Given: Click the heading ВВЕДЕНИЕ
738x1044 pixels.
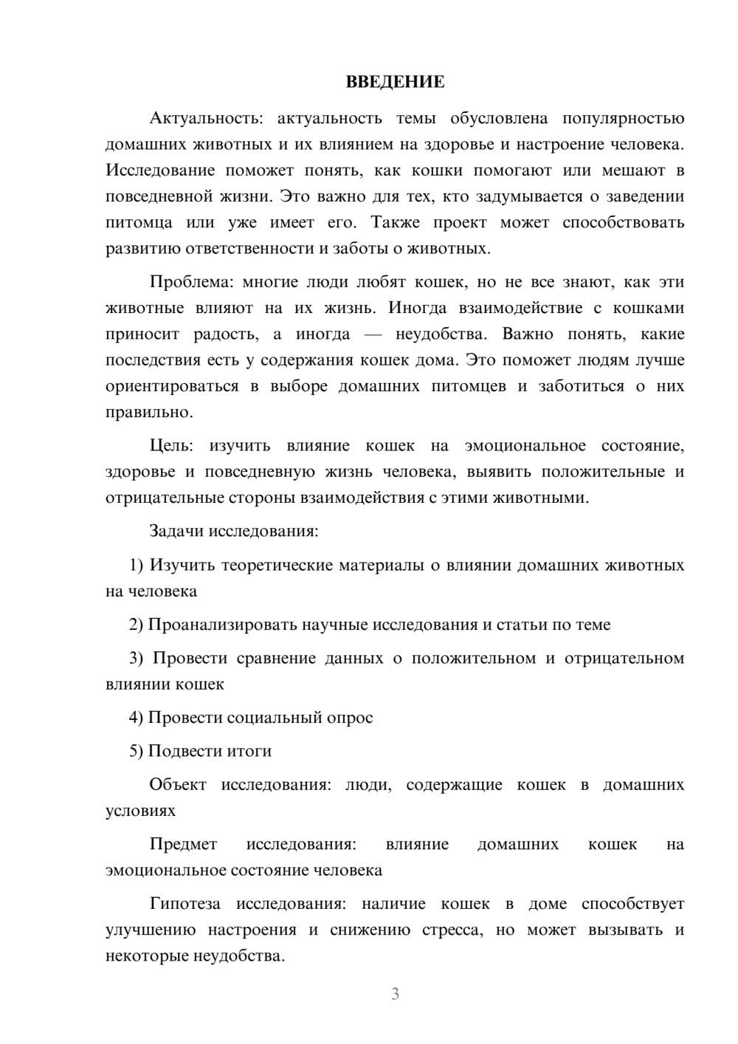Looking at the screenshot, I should point(395,82).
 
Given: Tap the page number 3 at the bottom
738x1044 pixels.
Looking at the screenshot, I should point(395,994).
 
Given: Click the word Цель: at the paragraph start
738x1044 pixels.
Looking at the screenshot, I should point(171,446).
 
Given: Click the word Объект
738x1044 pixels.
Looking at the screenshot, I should point(178,784).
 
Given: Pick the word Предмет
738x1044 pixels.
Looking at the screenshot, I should point(183,844).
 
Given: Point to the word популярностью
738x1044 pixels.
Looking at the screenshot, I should point(623,118).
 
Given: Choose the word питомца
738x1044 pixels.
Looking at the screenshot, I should point(139,222).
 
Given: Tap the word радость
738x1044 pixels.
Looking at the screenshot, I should point(226,334).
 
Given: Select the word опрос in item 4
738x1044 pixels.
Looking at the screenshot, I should point(349,718).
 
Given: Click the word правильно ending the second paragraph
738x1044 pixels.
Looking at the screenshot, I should point(148,412).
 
